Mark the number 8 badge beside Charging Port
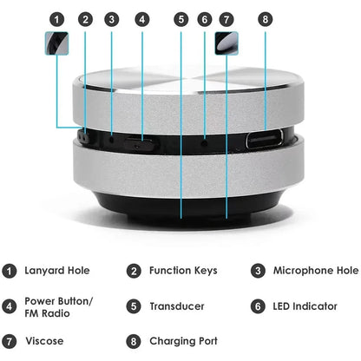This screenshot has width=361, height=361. pyautogui.click(x=133, y=341)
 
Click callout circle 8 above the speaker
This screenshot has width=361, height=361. pyautogui.click(x=265, y=18)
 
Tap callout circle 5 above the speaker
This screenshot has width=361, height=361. pyautogui.click(x=180, y=18)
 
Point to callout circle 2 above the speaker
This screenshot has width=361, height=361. pyautogui.click(x=85, y=18)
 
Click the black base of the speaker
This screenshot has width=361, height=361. pyautogui.click(x=180, y=206)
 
